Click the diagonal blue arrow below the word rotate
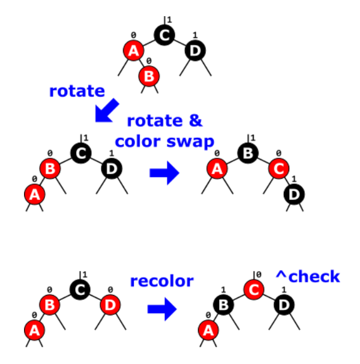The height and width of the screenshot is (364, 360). pyautogui.click(x=106, y=110)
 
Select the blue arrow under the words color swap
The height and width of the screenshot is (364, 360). pyautogui.click(x=164, y=173)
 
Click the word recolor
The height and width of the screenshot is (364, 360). pyautogui.click(x=162, y=281)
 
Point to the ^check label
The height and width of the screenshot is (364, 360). pyautogui.click(x=307, y=276)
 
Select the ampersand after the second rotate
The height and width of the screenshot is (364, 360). pyautogui.click(x=196, y=121)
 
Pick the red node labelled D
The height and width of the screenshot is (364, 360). pyautogui.click(x=110, y=304)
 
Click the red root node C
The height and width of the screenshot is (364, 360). pyautogui.click(x=253, y=290)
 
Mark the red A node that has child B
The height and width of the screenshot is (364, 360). pyautogui.click(x=133, y=51)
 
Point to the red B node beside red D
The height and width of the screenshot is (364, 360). pyautogui.click(x=50, y=305)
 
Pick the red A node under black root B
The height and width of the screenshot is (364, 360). pyautogui.click(x=217, y=170)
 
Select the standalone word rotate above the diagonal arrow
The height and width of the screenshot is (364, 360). pyautogui.click(x=77, y=91)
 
